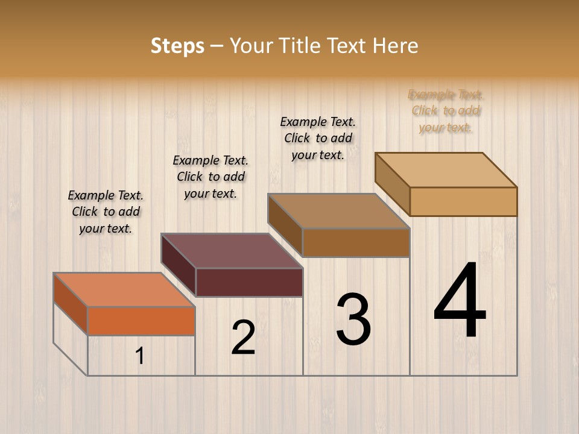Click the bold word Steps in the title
pyautogui.click(x=177, y=46)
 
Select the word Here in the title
pyautogui.click(x=395, y=46)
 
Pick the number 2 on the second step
pyautogui.click(x=243, y=337)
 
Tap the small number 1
pyautogui.click(x=140, y=356)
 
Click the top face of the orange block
pyautogui.click(x=124, y=290)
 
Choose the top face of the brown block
pyautogui.click(x=338, y=211)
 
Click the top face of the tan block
pyautogui.click(x=446, y=170)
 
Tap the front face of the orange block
pyautogui.click(x=141, y=321)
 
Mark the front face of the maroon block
pyautogui.click(x=249, y=282)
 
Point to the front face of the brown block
pyautogui.click(x=356, y=242)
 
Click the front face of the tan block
pyautogui.click(x=463, y=201)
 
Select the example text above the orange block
pyautogui.click(x=106, y=212)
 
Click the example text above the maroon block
pyautogui.click(x=210, y=177)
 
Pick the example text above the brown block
pyautogui.click(x=318, y=138)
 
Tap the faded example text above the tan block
pyautogui.click(x=446, y=111)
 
